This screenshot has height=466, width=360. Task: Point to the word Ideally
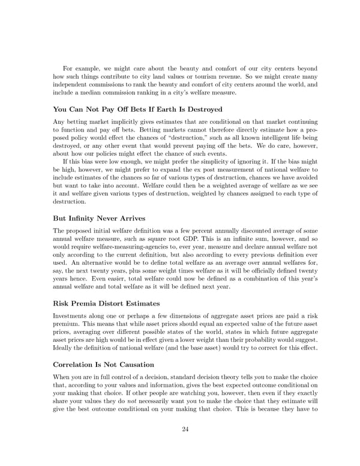tap(65, 347)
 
